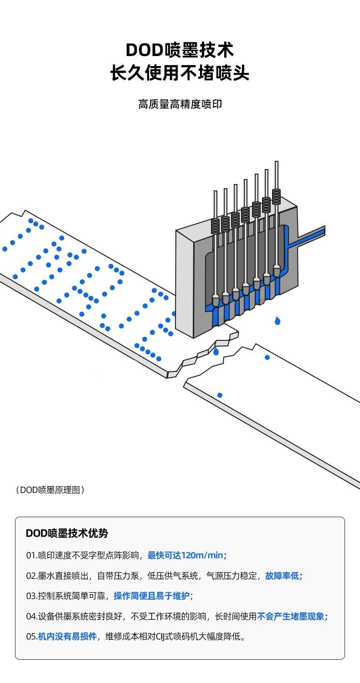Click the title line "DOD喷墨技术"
pyautogui.click(x=180, y=50)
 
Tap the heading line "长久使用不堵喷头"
pyautogui.click(x=180, y=73)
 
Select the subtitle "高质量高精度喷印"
pyautogui.click(x=180, y=104)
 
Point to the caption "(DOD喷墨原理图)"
pyautogui.click(x=50, y=490)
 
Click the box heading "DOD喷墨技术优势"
pyautogui.click(x=67, y=533)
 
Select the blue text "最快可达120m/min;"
pyautogui.click(x=187, y=555)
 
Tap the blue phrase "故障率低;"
pyautogui.click(x=283, y=575)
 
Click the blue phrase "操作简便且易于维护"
pyautogui.click(x=151, y=596)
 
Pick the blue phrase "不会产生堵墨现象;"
pyautogui.click(x=293, y=616)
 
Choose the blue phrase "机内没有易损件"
pyautogui.click(x=67, y=637)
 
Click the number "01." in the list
pyautogui.click(x=31, y=555)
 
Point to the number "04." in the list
pyautogui.click(x=32, y=616)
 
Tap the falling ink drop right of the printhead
pyautogui.click(x=277, y=321)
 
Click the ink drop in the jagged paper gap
pyautogui.click(x=216, y=352)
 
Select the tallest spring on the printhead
pyautogui.click(x=276, y=196)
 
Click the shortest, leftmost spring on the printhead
pyautogui.click(x=215, y=226)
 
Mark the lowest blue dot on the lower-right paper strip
pyautogui.click(x=220, y=395)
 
